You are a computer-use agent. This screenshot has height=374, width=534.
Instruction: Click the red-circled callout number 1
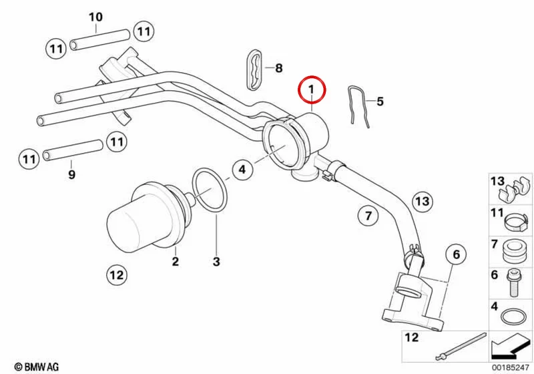pyautogui.click(x=312, y=89)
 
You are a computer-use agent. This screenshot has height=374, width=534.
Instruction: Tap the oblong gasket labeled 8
pyautogui.click(x=255, y=69)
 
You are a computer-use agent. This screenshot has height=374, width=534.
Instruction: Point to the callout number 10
pyautogui.click(x=95, y=17)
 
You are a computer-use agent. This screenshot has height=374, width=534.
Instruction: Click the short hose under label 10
pyautogui.click(x=99, y=40)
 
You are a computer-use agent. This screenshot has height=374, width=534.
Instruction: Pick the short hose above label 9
pyautogui.click(x=73, y=150)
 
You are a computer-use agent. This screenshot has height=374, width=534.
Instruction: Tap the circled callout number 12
pyautogui.click(x=117, y=275)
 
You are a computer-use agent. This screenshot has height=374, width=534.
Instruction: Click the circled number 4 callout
pyautogui.click(x=242, y=169)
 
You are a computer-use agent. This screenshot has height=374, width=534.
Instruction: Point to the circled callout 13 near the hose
pyautogui.click(x=423, y=201)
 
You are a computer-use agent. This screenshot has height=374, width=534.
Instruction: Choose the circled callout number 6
pyautogui.click(x=457, y=254)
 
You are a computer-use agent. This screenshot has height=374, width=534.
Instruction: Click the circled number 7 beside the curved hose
pyautogui.click(x=368, y=216)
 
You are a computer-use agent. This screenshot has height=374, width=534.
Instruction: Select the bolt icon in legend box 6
pyautogui.click(x=513, y=282)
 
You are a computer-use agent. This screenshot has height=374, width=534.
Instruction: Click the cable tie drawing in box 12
pyautogui.click(x=461, y=347)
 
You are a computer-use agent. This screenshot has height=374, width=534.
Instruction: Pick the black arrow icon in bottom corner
pyautogui.click(x=509, y=347)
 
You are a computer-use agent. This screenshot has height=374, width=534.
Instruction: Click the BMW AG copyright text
pyautogui.click(x=37, y=367)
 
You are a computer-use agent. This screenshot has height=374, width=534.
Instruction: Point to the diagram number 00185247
pyautogui.click(x=510, y=368)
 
